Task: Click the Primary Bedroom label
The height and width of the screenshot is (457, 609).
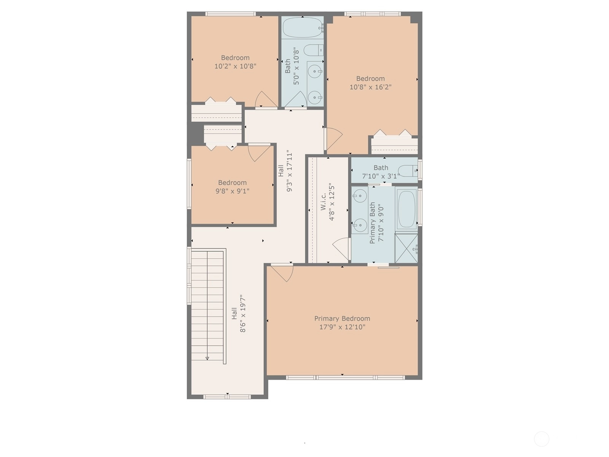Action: pyautogui.click(x=342, y=318)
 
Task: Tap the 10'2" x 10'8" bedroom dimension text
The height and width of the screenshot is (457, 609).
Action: pyautogui.click(x=235, y=66)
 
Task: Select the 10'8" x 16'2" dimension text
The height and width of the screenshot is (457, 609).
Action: pyautogui.click(x=370, y=87)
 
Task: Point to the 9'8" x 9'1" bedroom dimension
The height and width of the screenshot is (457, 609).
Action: pyautogui.click(x=233, y=191)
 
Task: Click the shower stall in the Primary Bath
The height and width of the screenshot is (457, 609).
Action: pyautogui.click(x=406, y=248)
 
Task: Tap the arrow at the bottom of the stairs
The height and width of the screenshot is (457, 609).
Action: pyautogui.click(x=207, y=358)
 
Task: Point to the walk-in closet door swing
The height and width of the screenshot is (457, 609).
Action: pyautogui.click(x=341, y=248)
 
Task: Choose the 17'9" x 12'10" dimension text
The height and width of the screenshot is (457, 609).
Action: pyautogui.click(x=342, y=327)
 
